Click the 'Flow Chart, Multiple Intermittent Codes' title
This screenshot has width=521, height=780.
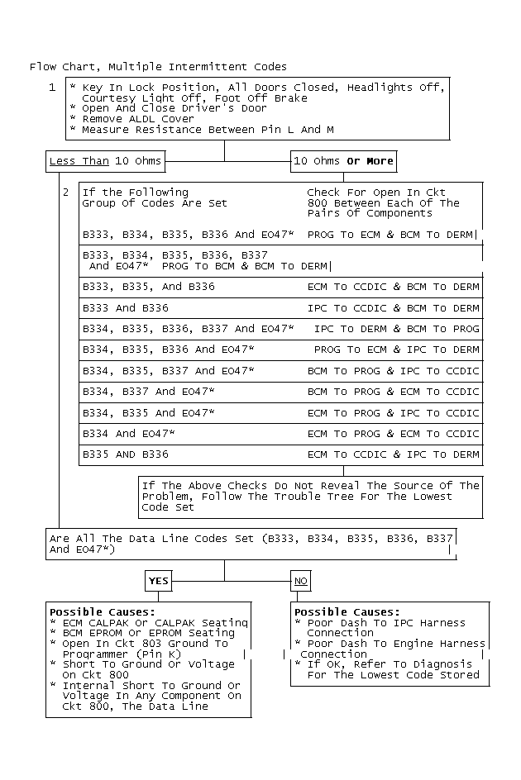click(158, 66)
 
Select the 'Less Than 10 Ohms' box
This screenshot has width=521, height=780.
click(104, 160)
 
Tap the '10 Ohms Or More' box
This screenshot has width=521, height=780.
click(343, 160)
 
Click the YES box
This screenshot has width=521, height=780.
click(158, 581)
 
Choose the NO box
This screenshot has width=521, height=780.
click(301, 581)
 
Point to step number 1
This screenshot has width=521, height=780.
click(52, 87)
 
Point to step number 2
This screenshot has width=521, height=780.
click(65, 192)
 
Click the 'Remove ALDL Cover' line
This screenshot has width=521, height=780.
click(132, 119)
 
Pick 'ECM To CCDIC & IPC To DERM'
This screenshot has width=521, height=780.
click(393, 454)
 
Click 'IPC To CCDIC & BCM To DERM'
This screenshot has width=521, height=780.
click(393, 307)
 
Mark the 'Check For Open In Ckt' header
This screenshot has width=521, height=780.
click(375, 192)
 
